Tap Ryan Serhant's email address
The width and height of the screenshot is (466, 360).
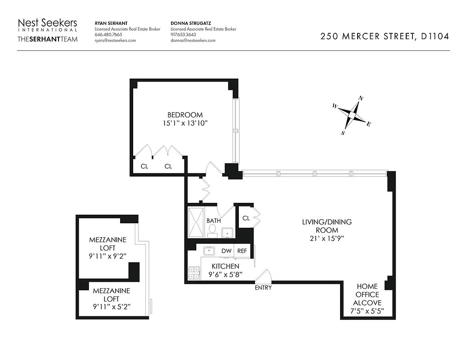(x=115, y=40)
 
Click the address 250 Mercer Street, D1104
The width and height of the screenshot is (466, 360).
(x=384, y=37)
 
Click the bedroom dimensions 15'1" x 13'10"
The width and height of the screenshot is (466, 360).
(x=185, y=122)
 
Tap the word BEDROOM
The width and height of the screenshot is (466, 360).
(x=185, y=115)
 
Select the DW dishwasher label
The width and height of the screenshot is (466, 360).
(x=226, y=251)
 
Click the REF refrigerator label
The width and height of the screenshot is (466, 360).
(x=242, y=251)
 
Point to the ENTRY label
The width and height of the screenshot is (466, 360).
(x=263, y=288)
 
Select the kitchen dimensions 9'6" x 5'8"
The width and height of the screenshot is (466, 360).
(x=225, y=274)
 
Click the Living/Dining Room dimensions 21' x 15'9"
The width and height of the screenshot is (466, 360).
(x=327, y=238)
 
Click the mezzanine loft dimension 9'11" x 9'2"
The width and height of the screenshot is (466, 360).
(x=108, y=256)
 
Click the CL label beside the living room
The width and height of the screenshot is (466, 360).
(x=246, y=218)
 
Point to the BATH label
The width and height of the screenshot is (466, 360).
(x=213, y=221)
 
